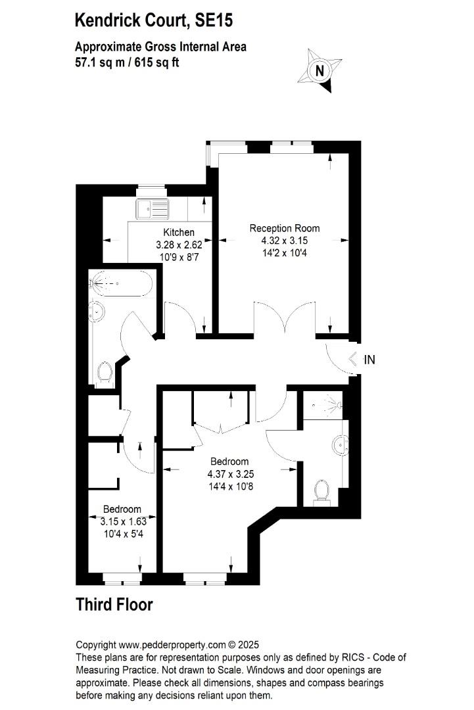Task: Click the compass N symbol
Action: pos(320,70)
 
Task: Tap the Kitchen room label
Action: pos(179,232)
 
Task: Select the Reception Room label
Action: pos(285,228)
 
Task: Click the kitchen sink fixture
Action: pos(152,209)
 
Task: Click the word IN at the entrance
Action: pos(369,360)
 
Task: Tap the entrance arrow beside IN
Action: pos(353,359)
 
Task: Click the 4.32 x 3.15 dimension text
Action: pos(285,241)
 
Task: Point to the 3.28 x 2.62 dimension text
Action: pos(179,245)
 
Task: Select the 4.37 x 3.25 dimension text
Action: pos(231,474)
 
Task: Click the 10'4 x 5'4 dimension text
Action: pos(124,534)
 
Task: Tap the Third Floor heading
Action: pos(114,605)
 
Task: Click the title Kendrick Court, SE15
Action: pos(154,20)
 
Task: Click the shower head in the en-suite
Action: pos(334,404)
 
